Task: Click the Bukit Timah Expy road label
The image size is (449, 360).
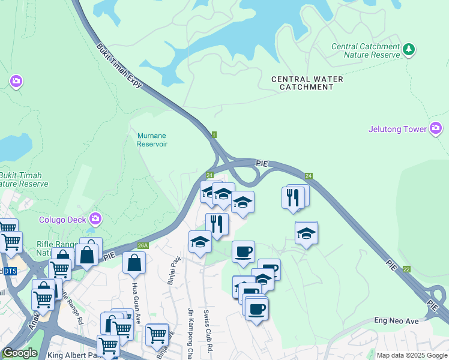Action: click(120, 66)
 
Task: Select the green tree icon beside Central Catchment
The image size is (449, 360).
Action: click(409, 49)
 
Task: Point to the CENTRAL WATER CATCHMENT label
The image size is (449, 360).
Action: click(307, 83)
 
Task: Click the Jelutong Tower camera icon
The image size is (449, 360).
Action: click(436, 128)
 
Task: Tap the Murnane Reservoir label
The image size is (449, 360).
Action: click(151, 140)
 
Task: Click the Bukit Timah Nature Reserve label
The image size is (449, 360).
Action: click(23, 179)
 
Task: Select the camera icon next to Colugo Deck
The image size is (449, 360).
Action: click(95, 218)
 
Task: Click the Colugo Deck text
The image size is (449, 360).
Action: click(63, 219)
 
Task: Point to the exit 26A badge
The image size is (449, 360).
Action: click(142, 245)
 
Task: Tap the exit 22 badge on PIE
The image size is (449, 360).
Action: click(406, 269)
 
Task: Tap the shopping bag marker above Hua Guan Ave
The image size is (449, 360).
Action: click(134, 263)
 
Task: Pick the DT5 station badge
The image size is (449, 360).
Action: click(9, 271)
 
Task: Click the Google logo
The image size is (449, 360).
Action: click(20, 353)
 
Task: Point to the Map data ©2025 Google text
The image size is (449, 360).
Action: click(411, 355)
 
